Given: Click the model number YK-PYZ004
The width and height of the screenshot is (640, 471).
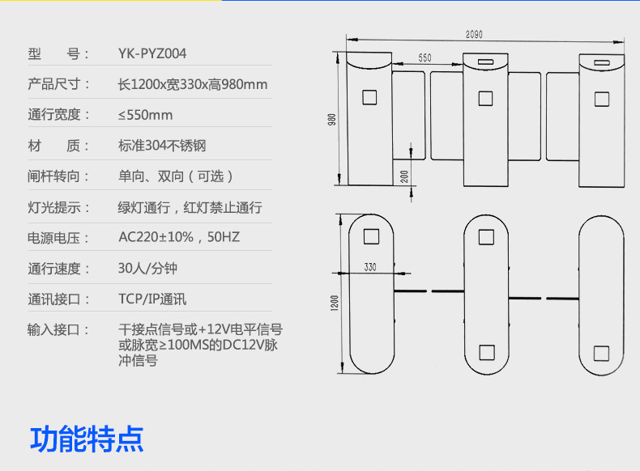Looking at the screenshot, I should coord(152,54).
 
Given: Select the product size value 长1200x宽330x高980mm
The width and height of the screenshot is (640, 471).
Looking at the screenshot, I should coord(193,84).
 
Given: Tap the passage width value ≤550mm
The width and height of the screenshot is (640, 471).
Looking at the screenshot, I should coord(145,115).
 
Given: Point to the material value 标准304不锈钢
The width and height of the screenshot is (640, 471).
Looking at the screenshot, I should coord(162,146).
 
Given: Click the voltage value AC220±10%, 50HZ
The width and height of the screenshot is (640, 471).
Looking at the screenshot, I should coord(179,237).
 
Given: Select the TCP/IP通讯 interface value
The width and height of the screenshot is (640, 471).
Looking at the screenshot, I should coord(152,299).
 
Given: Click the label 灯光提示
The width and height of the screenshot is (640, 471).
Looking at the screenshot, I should coord(59,207).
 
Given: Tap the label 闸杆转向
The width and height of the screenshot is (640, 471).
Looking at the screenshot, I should coord(59,176).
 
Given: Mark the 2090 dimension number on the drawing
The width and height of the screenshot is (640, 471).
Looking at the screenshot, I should coord(475,34).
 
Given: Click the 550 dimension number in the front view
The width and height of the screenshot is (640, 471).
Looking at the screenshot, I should coord(425,59).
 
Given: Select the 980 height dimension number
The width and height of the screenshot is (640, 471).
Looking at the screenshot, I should coord(331,119).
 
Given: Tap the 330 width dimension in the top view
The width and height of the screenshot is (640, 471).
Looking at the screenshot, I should coord(370,266).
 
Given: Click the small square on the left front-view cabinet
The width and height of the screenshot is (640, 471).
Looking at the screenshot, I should coord(369,98).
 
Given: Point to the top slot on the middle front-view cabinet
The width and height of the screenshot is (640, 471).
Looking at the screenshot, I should coord(485,62).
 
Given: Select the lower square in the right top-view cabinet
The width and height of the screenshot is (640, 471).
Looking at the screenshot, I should coord(600,353).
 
